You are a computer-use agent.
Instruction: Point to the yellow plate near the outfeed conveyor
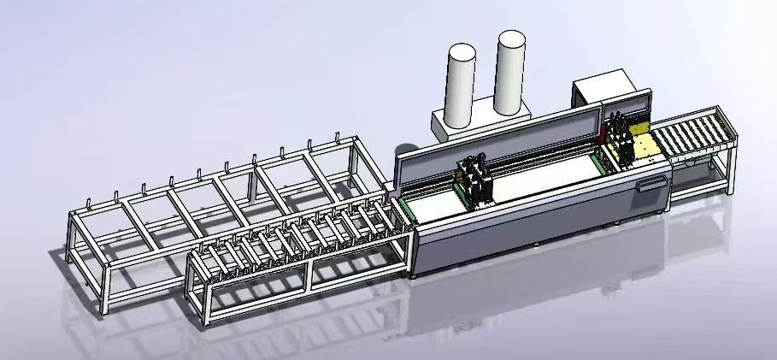point(642,146)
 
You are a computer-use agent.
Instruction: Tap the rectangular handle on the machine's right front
point(654,182)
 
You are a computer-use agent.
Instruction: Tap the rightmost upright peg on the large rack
point(338,137)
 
